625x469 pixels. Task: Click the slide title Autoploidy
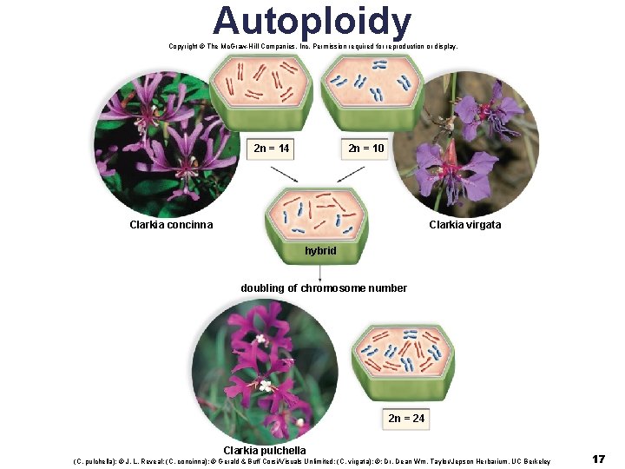[x=312, y=21]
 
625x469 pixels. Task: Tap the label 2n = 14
[x=272, y=149]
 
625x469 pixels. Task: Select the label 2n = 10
[x=365, y=149]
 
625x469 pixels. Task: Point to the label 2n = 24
[x=406, y=418]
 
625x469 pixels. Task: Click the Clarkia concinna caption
[x=171, y=225]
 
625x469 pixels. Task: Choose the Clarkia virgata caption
[x=464, y=225]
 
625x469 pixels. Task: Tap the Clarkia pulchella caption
[x=265, y=451]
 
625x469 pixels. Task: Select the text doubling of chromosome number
[x=324, y=288]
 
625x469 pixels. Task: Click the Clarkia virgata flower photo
[x=469, y=143]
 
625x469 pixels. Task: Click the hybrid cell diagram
[x=316, y=212]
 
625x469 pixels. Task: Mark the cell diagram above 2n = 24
[x=402, y=356]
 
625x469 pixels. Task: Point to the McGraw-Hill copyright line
[x=313, y=46]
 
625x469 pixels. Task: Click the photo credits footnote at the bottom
[x=312, y=461]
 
